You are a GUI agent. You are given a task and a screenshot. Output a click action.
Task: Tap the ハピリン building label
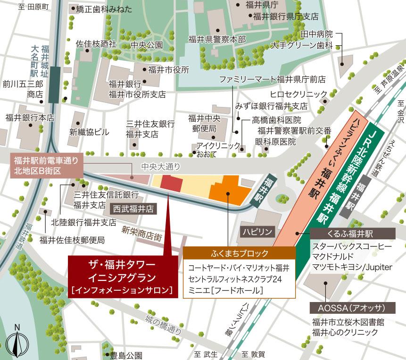tap(257, 232)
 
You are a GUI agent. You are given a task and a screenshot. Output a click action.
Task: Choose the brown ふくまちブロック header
tap(240, 253)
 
